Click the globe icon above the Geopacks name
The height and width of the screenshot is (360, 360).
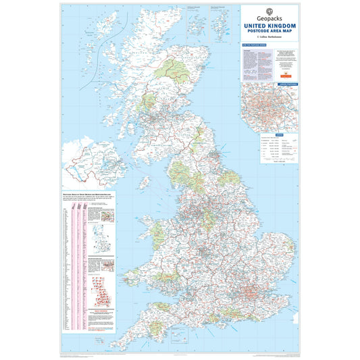pos(269,11)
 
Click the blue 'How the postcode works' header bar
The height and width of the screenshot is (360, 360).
pos(253,46)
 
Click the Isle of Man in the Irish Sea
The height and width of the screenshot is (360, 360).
pos(145,182)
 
